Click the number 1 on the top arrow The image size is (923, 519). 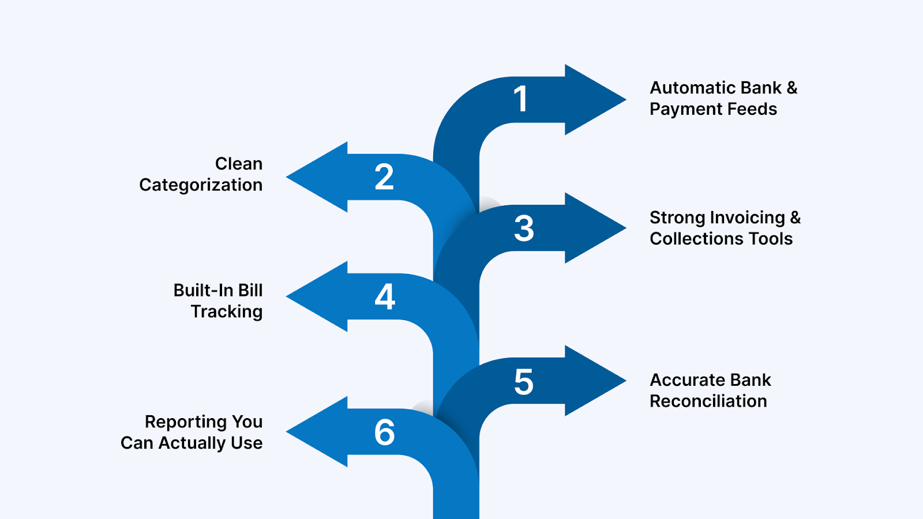click(521, 99)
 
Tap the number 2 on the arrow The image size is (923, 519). click(384, 177)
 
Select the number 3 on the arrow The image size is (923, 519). click(524, 228)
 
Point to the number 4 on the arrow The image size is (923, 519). click(385, 297)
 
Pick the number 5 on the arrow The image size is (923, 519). click(524, 382)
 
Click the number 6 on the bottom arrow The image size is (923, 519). click(385, 432)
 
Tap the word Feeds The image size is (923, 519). click(752, 109)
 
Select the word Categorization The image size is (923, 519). click(201, 185)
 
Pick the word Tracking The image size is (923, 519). click(227, 312)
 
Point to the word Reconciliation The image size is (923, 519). click(708, 401)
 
